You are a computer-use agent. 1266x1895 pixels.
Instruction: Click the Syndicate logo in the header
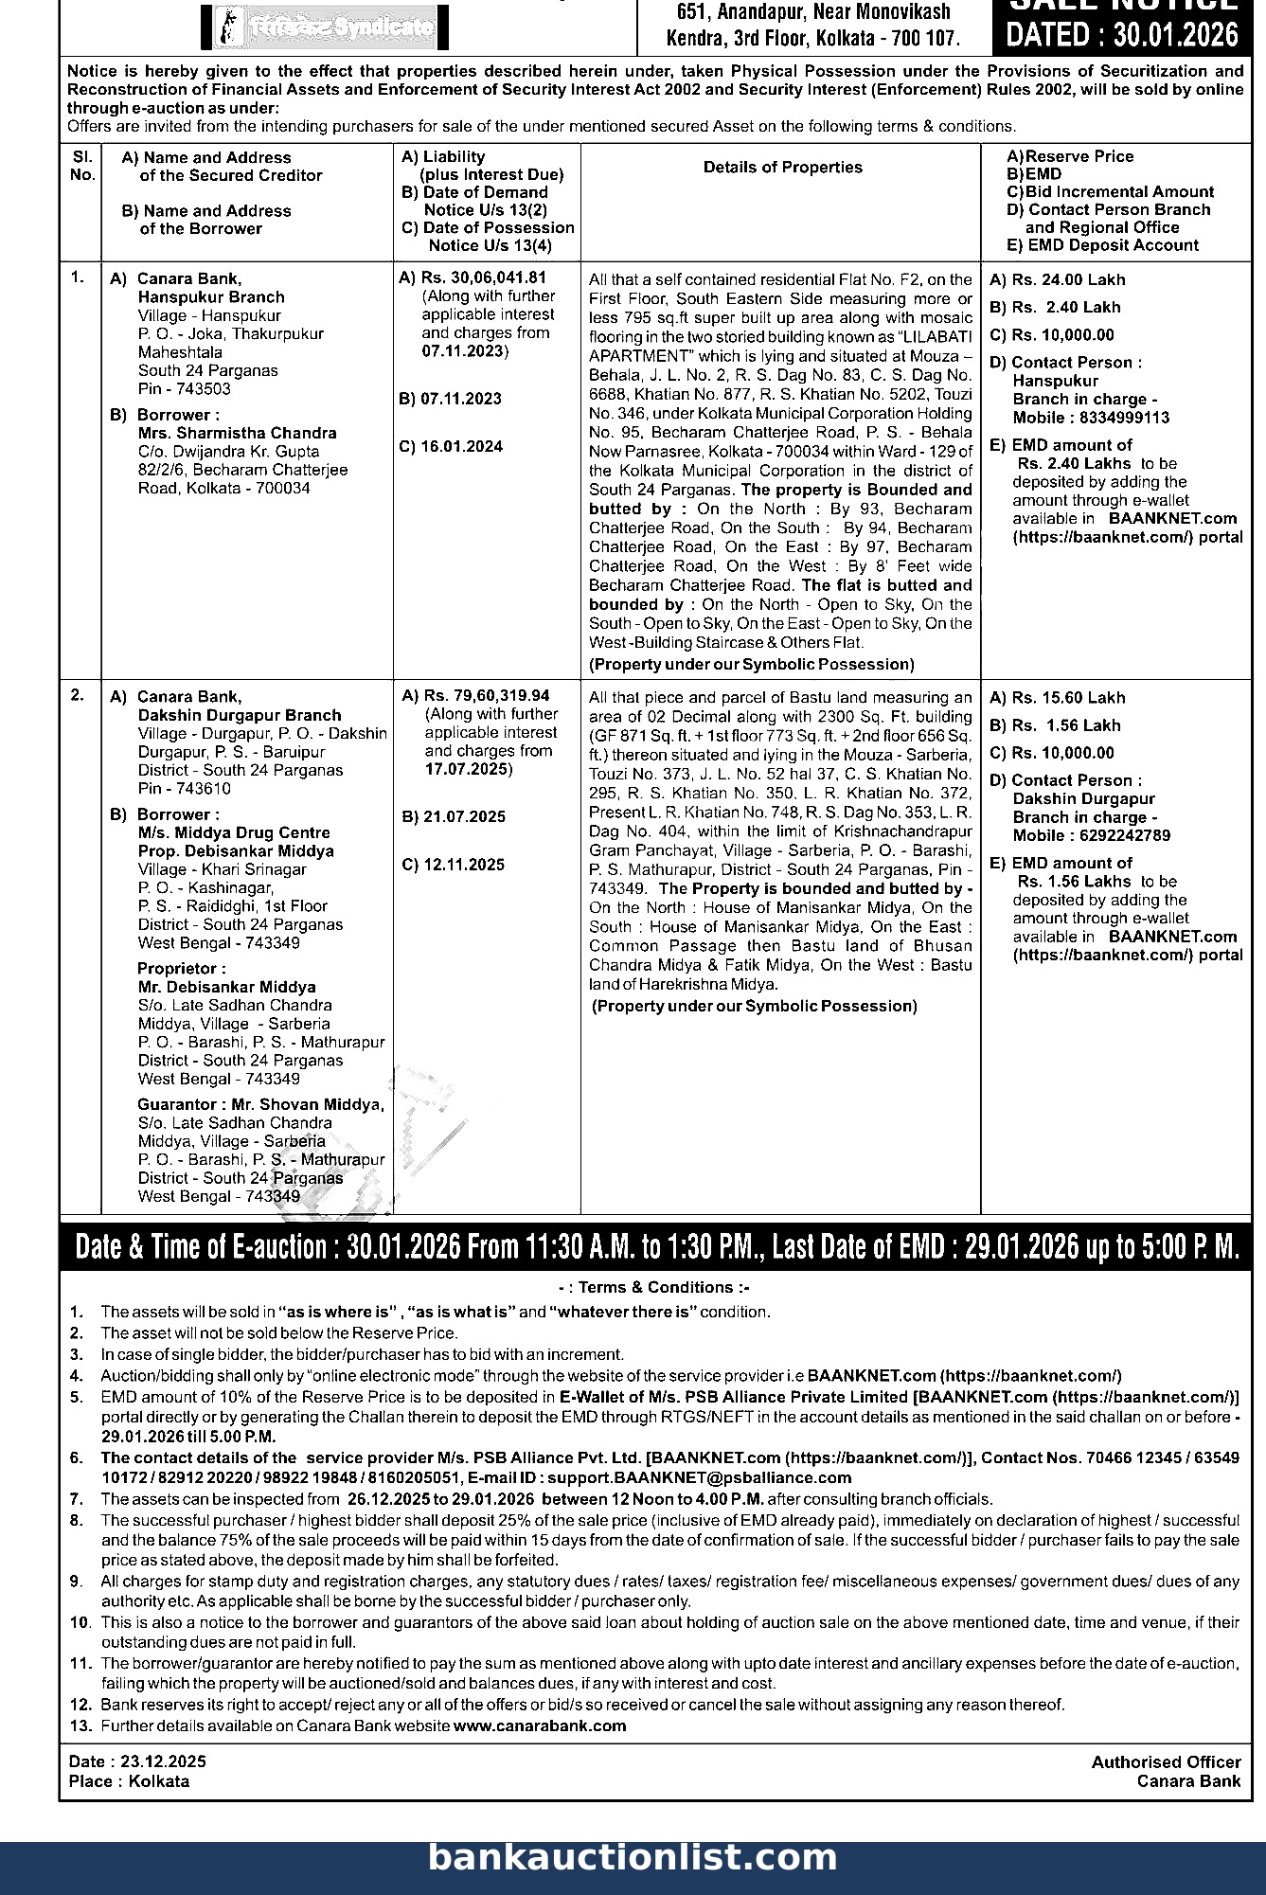pos(325,28)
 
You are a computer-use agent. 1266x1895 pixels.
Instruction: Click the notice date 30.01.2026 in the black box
pos(1122,35)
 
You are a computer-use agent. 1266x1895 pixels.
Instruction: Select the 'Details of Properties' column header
pos(782,168)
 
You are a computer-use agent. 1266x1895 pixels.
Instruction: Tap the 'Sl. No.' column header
pos(82,166)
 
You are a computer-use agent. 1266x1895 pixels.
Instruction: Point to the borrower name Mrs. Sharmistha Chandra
pos(237,433)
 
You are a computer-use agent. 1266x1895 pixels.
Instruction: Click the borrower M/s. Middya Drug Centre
pos(234,832)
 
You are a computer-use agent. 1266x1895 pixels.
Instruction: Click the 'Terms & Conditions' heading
pos(655,1287)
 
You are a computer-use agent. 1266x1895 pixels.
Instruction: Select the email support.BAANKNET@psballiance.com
pos(699,1477)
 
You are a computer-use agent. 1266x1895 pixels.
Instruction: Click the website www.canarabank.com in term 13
pos(540,1725)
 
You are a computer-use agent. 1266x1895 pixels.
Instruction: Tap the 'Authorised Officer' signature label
pos(1166,1761)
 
